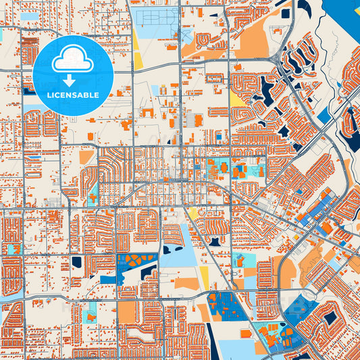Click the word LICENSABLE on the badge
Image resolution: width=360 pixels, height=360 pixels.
pos(72,95)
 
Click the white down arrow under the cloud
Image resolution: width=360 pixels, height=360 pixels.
pos(72,80)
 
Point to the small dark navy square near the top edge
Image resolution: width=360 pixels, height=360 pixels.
pos(285,14)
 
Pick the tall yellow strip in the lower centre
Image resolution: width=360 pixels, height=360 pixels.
pos(204,276)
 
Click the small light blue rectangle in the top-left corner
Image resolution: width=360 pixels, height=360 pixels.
pos(30,16)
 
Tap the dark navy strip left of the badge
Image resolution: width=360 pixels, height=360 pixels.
pos(28,91)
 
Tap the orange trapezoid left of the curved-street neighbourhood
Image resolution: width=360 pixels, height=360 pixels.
pos(86,157)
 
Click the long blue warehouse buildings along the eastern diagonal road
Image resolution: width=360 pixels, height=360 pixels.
pos(317,206)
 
